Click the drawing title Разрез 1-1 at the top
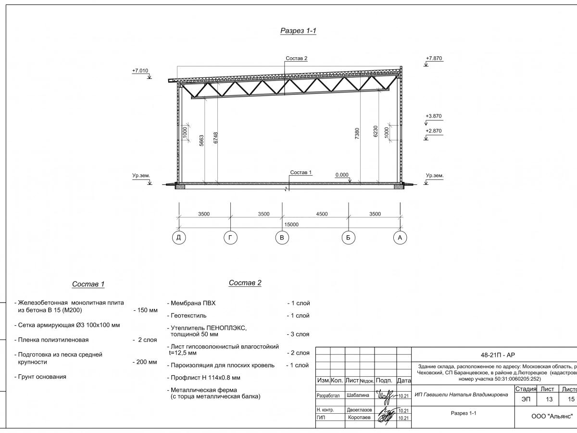298,31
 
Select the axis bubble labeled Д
179,237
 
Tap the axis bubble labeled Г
230,237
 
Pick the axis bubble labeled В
282,237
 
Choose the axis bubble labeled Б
348,237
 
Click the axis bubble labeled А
399,237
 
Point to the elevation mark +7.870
434,59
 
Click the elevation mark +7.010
140,71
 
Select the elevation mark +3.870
434,116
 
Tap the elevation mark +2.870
434,131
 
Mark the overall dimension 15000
291,225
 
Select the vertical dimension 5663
202,140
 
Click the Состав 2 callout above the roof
296,58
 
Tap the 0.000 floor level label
342,175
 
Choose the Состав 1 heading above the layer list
88,284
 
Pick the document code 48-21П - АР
498,355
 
